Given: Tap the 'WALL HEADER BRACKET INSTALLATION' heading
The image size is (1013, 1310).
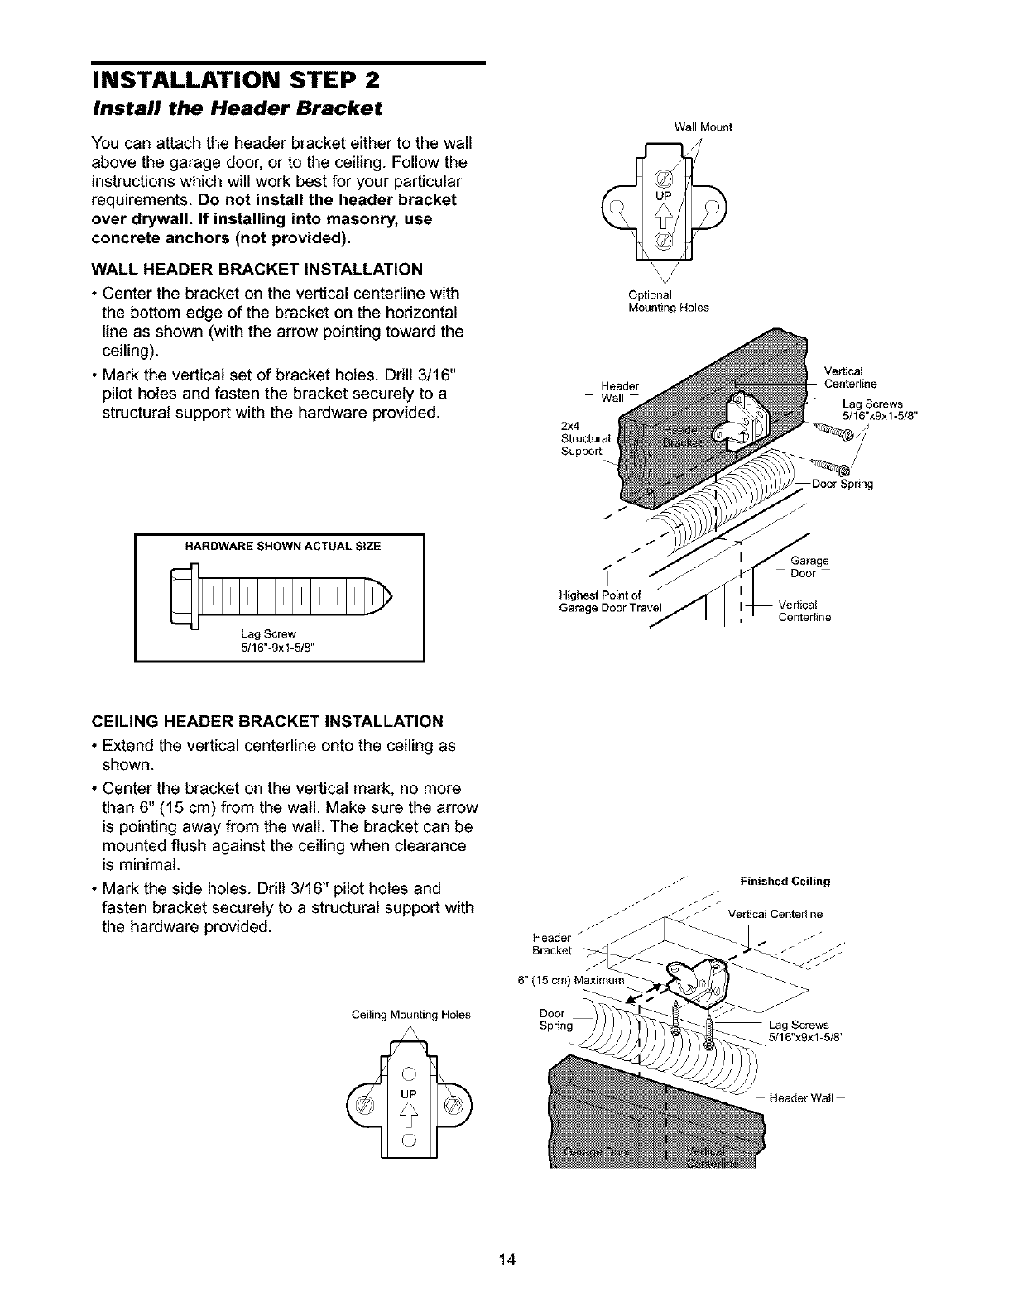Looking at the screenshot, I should (x=257, y=269).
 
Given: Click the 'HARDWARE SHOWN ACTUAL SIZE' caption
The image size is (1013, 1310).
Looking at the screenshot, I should (x=279, y=545).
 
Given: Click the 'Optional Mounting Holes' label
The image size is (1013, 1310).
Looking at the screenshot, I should (x=669, y=301).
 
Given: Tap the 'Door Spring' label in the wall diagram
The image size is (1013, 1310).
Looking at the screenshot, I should (x=843, y=485).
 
